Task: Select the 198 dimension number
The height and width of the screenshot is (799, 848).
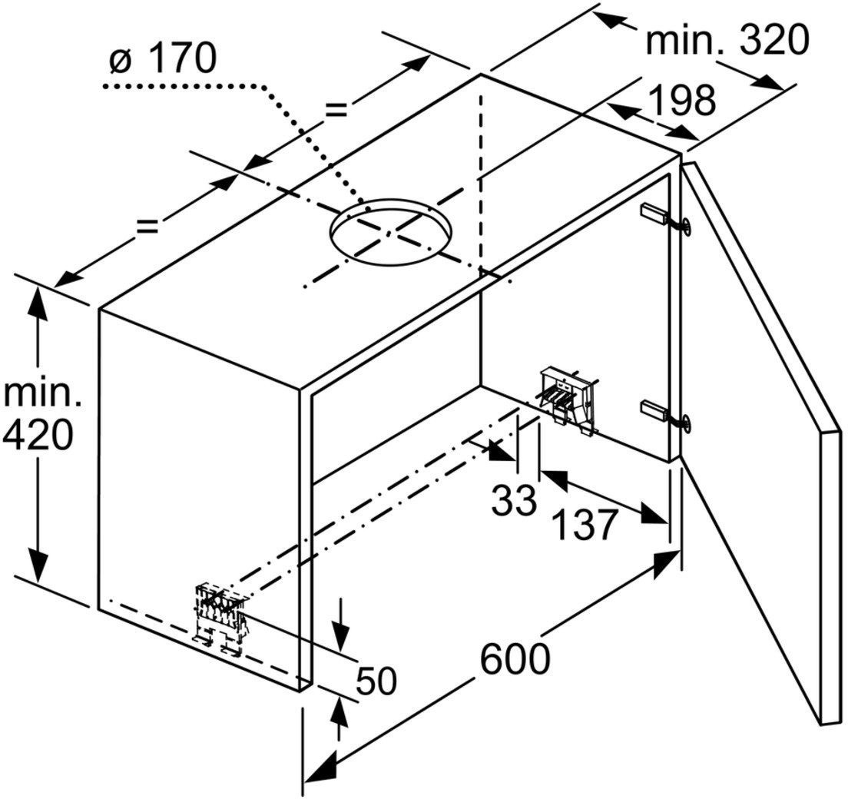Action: pyautogui.click(x=682, y=99)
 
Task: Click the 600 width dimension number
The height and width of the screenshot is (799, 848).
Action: pyautogui.click(x=515, y=658)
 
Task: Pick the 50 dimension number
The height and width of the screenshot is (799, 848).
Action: pyautogui.click(x=377, y=681)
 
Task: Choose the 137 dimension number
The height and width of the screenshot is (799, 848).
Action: pyautogui.click(x=584, y=524)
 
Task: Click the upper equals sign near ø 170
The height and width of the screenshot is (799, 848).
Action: pyautogui.click(x=336, y=111)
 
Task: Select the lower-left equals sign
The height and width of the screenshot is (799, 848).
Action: pyautogui.click(x=147, y=226)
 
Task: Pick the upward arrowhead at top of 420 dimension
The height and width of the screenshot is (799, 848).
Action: pyautogui.click(x=38, y=300)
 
